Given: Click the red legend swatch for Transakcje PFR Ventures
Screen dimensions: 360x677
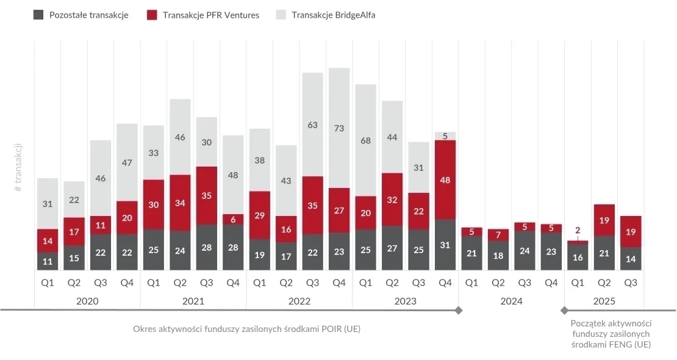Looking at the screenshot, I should tap(152, 15).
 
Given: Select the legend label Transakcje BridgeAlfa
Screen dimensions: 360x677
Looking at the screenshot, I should tap(333, 15).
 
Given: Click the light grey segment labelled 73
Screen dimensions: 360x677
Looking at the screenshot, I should tap(339, 128).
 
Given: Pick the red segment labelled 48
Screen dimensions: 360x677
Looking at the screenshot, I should tap(445, 179).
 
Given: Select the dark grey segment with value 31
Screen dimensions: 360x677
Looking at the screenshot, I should tap(445, 245).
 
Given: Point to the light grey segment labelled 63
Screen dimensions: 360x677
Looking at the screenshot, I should tap(312, 124).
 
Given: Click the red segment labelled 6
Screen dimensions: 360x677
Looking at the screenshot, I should tap(233, 219).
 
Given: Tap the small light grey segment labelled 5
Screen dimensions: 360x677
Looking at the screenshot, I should tap(445, 136).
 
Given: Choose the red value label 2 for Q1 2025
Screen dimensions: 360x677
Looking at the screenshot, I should tap(578, 231).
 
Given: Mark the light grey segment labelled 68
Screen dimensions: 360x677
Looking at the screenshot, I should tap(365, 140).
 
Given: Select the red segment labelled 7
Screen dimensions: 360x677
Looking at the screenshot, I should tap(498, 234).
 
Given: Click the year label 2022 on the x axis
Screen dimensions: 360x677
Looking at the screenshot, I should tap(299, 301).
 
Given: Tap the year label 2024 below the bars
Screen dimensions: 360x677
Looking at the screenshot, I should tap(511, 301).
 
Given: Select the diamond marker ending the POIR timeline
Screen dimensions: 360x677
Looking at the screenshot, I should tap(459, 311).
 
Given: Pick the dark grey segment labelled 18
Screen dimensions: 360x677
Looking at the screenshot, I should tap(498, 256).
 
